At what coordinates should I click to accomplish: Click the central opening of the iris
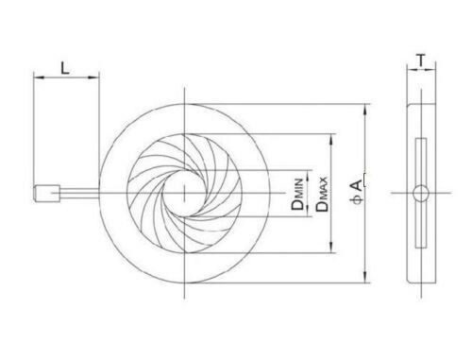pyautogui.click(x=186, y=193)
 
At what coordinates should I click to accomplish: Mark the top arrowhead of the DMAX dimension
pyautogui.click(x=330, y=135)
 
